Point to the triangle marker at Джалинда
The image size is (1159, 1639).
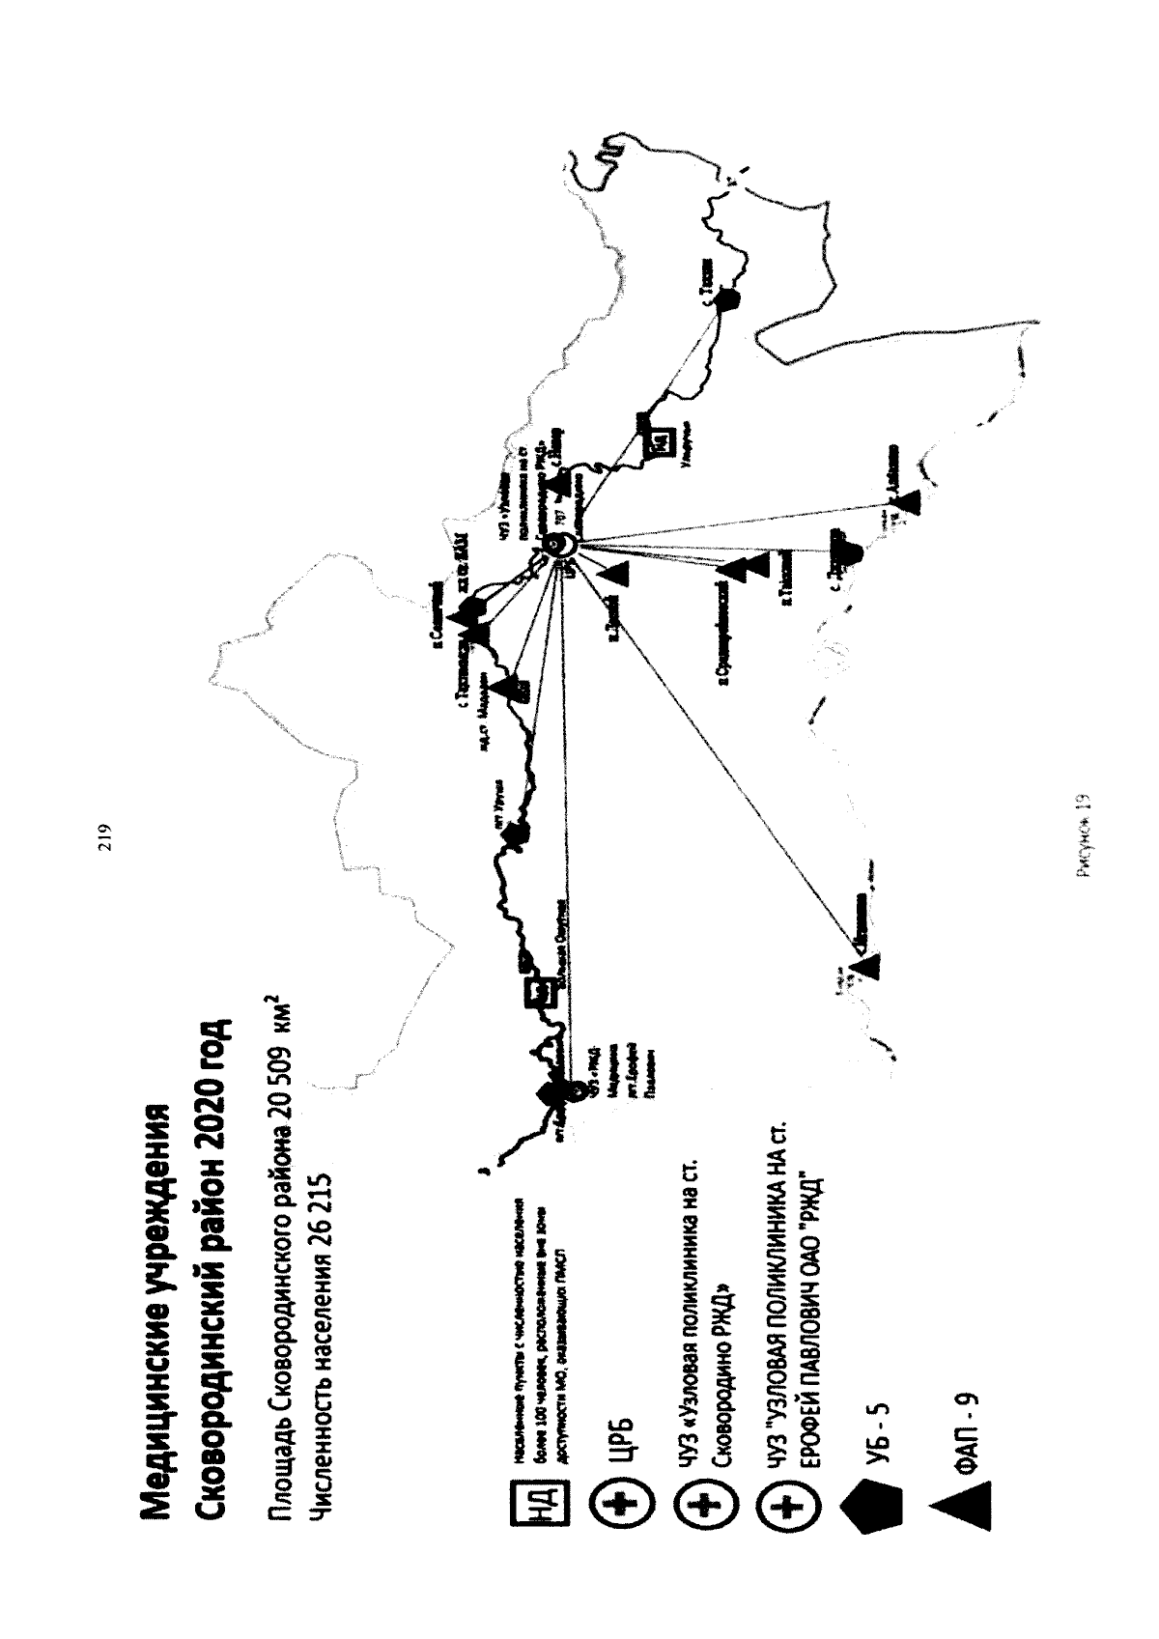(x=908, y=500)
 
